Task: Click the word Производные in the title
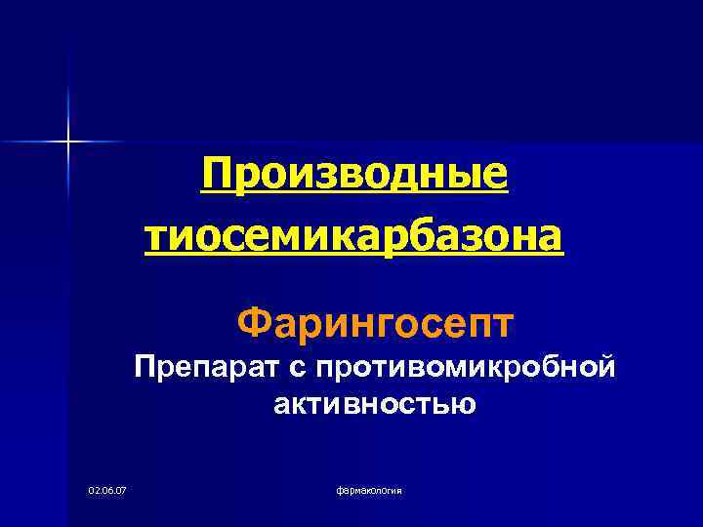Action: [x=354, y=175]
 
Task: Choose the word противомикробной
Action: [x=448, y=369]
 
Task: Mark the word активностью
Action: [x=375, y=403]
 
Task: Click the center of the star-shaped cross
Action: [x=69, y=142]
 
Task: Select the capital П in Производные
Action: [x=217, y=175]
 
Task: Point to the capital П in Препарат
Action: [x=146, y=368]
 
